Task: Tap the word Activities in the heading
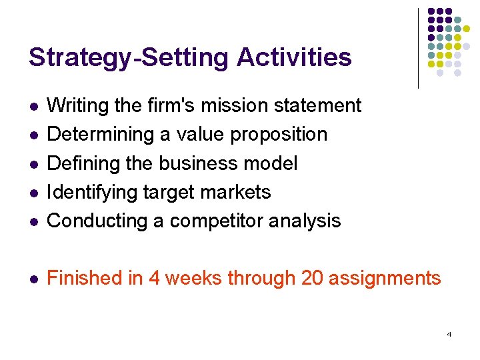click(293, 57)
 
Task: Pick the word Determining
click(101, 134)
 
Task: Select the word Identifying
click(93, 192)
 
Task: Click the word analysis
click(307, 221)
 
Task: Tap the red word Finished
click(86, 277)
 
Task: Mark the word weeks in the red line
click(194, 277)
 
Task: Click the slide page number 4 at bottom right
click(449, 333)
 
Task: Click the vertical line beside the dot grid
click(418, 48)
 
